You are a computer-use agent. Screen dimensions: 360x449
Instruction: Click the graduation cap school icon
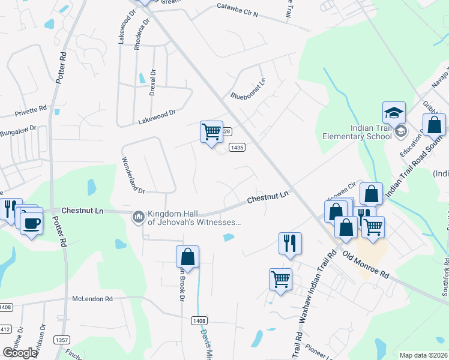click(394, 113)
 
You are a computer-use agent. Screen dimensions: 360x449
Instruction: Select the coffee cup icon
click(31, 224)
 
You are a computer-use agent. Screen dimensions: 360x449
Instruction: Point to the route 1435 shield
click(238, 147)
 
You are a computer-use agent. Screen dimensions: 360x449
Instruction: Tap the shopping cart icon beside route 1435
click(211, 131)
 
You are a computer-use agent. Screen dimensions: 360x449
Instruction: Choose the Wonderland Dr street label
click(133, 175)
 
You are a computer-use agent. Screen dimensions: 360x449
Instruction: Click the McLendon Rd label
click(92, 298)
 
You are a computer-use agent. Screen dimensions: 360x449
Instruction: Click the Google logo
click(20, 352)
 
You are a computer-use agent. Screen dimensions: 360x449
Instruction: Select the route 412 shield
click(5, 329)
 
